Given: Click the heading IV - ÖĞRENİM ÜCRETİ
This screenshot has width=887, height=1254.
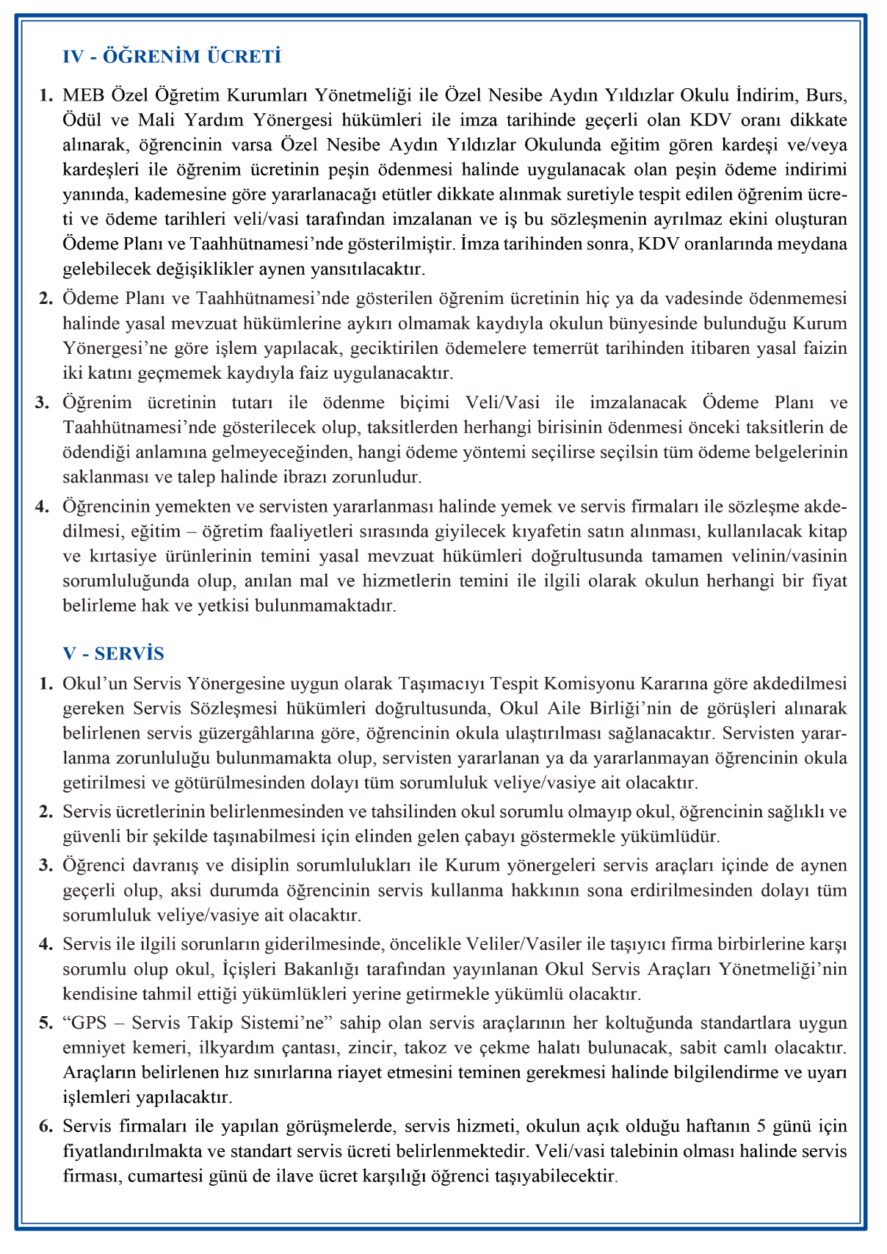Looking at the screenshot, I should [x=172, y=57].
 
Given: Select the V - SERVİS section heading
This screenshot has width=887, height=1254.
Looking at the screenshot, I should [x=113, y=653].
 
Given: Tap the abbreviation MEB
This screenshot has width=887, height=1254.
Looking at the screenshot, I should [x=84, y=95].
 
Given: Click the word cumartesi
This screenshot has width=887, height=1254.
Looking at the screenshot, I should [x=206, y=1176].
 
